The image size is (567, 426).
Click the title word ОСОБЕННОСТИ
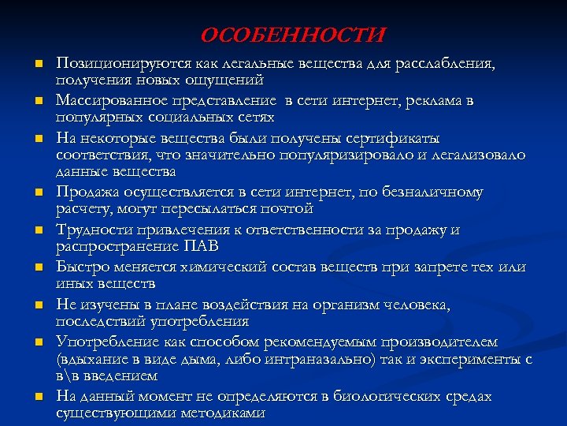pos(293,35)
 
